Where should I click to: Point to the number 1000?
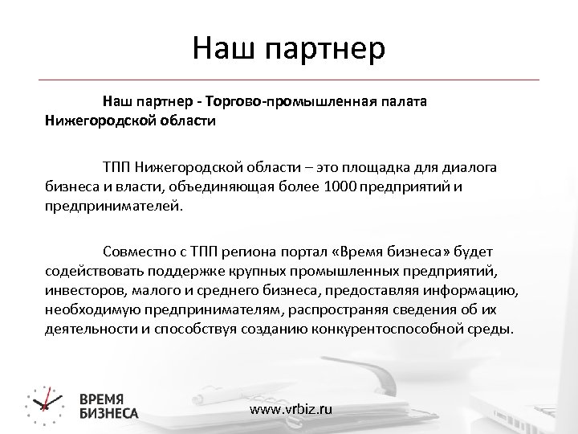click(x=342, y=186)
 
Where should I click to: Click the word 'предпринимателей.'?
click(x=114, y=205)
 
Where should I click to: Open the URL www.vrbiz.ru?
click(x=290, y=409)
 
